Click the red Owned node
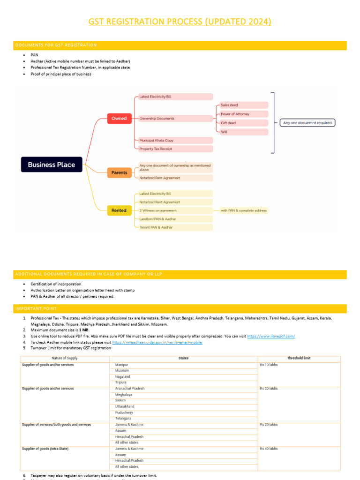coord(119,119)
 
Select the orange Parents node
coord(119,172)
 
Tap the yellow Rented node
coord(119,210)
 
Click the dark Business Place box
coord(52,165)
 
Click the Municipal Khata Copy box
coord(174,140)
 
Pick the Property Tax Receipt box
coord(174,149)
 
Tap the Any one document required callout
coord(307,123)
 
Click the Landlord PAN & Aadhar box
coord(174,219)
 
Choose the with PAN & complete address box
coord(244,210)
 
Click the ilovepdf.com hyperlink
coord(270,337)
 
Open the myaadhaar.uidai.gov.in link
coord(157,342)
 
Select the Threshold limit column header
coord(299,358)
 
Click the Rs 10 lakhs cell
coord(269,365)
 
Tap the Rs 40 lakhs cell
coord(269,449)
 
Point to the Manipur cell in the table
coord(121,365)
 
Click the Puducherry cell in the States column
coord(124,412)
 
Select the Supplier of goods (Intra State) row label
coord(45,449)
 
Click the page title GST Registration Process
coord(180,22)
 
